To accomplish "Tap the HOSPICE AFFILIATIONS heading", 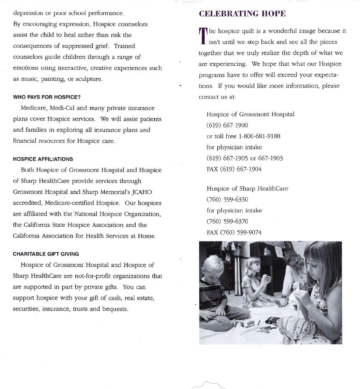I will coord(43,159).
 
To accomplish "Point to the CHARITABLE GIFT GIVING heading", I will coord(46,254).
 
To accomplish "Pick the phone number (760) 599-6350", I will coord(227,199).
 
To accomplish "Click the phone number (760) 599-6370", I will coord(227,221).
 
